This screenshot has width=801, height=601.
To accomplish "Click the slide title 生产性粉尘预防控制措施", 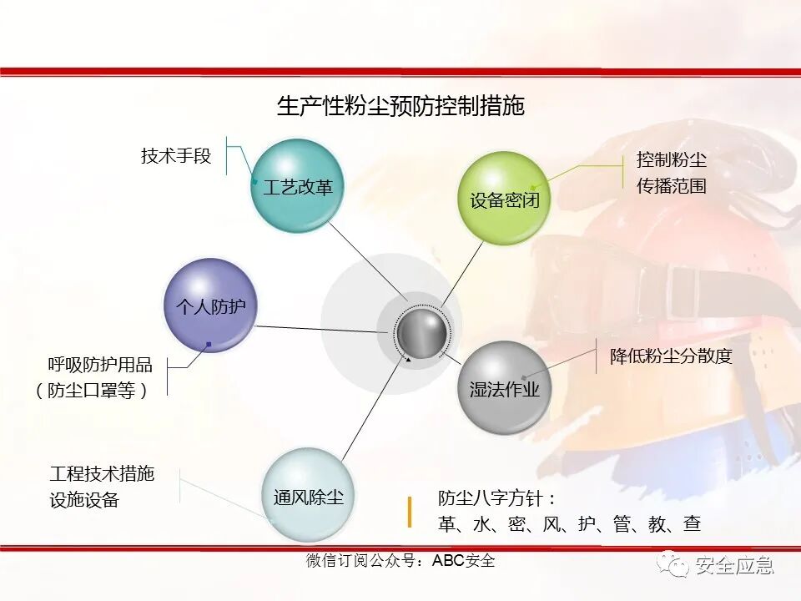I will (x=400, y=106).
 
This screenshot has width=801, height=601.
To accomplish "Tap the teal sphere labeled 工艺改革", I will (x=298, y=185).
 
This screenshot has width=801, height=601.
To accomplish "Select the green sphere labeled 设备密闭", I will (x=504, y=199).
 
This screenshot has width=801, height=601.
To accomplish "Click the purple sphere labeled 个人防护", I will (x=210, y=306).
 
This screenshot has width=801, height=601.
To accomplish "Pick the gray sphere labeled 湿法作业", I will (x=505, y=387).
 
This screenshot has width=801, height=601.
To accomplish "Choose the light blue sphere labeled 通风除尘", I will (x=308, y=496).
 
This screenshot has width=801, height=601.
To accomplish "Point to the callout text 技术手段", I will (x=176, y=155).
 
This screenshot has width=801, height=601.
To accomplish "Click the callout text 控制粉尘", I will (x=672, y=159).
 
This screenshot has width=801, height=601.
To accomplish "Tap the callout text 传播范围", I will (x=672, y=185).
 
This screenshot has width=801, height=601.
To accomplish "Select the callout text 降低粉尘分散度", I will (x=671, y=356).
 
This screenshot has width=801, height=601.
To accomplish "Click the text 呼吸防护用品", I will (x=100, y=365).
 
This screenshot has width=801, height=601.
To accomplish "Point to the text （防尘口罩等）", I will (x=92, y=390).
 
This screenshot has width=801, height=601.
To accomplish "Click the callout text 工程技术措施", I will (x=102, y=474).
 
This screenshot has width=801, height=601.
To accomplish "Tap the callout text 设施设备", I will (x=84, y=500).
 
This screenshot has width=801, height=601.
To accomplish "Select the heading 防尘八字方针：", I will (x=497, y=498).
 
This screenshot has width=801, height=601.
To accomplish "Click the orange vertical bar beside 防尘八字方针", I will (x=409, y=512).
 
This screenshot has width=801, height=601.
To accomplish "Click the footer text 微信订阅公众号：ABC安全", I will (x=400, y=561).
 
